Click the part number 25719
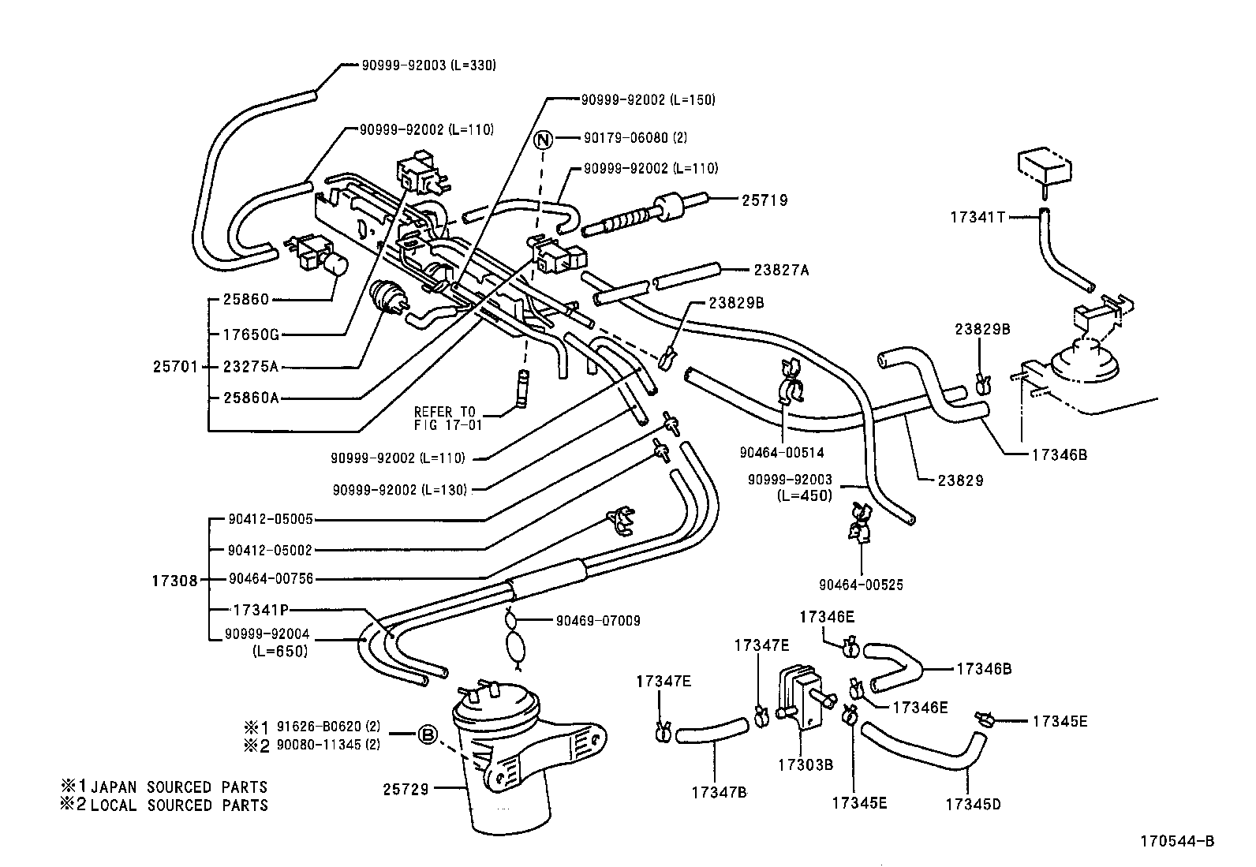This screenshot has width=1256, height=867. pos(764,200)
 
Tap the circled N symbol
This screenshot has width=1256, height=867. pos(543,139)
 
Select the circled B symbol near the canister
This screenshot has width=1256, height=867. pos(428,734)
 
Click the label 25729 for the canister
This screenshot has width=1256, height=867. pos(406,790)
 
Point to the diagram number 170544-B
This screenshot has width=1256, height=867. pos(1177,841)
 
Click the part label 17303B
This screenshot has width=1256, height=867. pos(806,764)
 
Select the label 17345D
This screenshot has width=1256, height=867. pos(973,804)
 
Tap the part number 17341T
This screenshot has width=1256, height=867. pos(978,217)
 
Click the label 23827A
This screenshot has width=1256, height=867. pos(782,271)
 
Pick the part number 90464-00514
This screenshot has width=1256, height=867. pos(782,452)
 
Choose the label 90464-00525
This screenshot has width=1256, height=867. pos(862,585)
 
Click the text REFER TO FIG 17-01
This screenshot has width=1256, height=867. pos(447,418)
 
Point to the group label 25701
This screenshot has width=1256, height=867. pos(175,367)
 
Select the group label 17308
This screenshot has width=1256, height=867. pos(175,581)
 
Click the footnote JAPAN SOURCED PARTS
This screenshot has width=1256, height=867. pos(179,787)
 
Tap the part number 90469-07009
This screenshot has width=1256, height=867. pos(598,621)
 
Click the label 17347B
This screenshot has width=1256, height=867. pos(719,792)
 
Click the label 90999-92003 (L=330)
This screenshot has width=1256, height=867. pos(429,65)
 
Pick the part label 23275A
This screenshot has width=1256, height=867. pos(251,367)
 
